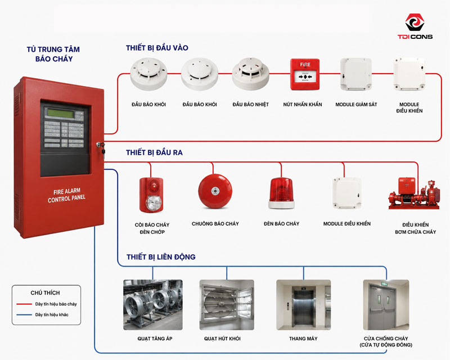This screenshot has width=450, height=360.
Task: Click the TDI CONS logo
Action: pos(415,26)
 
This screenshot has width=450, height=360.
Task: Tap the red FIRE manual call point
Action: pos(305,74)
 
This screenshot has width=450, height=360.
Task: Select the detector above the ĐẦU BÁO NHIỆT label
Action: pos(250,73)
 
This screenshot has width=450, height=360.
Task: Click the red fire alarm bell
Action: pos(215,191)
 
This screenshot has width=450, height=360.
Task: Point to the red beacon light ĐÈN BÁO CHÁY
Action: pos(281,193)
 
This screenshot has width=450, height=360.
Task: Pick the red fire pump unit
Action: pos(414,193)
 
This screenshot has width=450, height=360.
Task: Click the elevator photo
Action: pos(303,305)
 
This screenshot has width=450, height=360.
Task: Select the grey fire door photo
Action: pos(386,305)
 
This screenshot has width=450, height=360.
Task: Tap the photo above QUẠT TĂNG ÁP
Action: pos(153,305)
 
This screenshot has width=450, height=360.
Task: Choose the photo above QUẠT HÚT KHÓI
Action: pos(227,305)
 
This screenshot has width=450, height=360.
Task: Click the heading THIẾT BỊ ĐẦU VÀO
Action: pos(157,48)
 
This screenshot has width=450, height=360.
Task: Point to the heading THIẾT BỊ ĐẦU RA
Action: pos(154,152)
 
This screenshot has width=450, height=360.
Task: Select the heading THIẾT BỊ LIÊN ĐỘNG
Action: pos(161,257)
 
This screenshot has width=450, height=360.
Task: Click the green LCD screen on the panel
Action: pos(61,113)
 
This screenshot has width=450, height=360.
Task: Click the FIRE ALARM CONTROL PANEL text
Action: pos(66,195)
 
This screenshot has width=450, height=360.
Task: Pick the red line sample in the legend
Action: pos(24,304)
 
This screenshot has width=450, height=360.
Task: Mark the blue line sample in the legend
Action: pos(24,314)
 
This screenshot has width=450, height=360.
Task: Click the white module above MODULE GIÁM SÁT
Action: pos(356,74)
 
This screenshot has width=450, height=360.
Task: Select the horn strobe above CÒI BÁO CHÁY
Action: pos(151,195)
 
